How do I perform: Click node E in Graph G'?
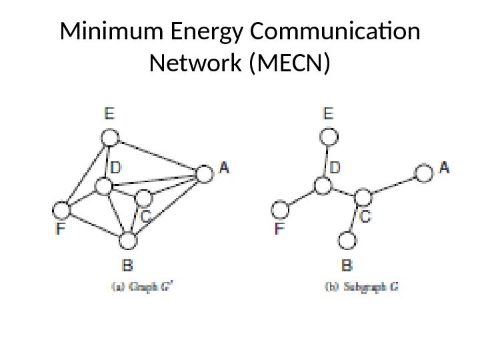pos(111,138)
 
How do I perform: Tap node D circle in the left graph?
pos(103,185)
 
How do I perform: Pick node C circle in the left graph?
pos(143,197)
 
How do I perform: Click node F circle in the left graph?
pos(61,211)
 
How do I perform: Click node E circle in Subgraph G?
pos(328,137)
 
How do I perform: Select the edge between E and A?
pos(158,156)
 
